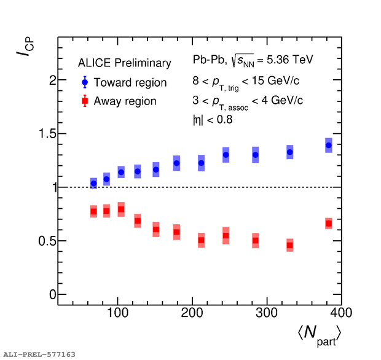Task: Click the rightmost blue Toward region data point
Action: coord(329,146)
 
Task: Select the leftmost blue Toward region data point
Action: coord(93,183)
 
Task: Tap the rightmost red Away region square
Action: coord(329,224)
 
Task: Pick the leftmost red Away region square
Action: coord(93,211)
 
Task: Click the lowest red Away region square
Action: coord(289,246)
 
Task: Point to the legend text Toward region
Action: coord(130,82)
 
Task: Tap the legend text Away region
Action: coord(125,101)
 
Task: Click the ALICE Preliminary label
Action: coord(124,63)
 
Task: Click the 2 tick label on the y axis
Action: coord(52,80)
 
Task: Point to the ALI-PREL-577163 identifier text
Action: coord(39,354)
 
